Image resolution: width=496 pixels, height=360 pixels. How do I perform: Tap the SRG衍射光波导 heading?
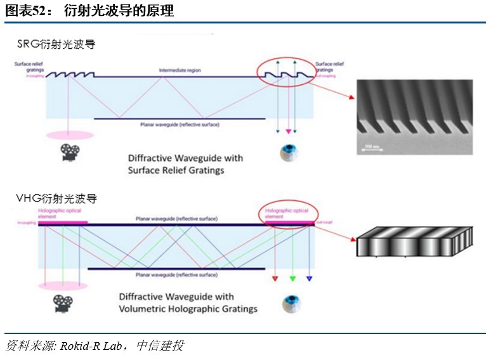pyautogui.click(x=56, y=44)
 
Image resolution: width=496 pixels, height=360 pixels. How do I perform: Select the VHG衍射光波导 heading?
pyautogui.click(x=56, y=199)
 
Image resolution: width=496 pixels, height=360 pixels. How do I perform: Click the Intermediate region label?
pyautogui.click(x=179, y=70)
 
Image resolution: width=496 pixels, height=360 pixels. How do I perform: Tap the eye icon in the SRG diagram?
pyautogui.click(x=289, y=152)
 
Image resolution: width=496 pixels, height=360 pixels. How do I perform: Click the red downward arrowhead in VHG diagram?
pyautogui.click(x=275, y=278)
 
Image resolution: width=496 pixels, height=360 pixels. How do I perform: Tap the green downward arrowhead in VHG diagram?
pyautogui.click(x=292, y=278)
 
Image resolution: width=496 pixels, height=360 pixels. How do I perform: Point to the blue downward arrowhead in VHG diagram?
pyautogui.click(x=310, y=278)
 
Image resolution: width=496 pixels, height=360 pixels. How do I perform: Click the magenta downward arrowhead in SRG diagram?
pyautogui.click(x=289, y=131)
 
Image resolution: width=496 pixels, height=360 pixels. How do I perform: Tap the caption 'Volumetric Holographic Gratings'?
pyautogui.click(x=188, y=309)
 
